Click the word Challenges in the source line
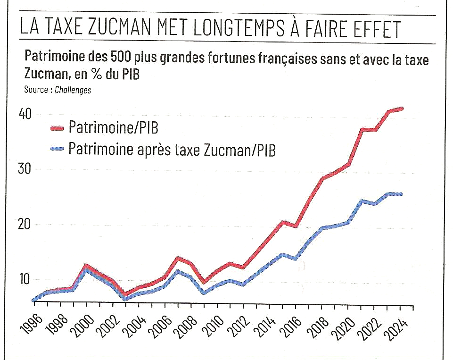[x=73, y=90]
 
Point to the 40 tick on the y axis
[x=26, y=114]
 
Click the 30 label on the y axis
[x=26, y=169]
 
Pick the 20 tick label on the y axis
[x=26, y=224]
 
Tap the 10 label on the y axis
[x=26, y=279]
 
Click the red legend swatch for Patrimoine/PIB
[x=57, y=127]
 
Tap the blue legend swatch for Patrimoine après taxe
[x=57, y=149]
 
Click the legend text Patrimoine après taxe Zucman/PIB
[x=172, y=149]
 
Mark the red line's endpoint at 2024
[x=401, y=109]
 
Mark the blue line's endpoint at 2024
[x=401, y=194]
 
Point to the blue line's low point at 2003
[x=125, y=299]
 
